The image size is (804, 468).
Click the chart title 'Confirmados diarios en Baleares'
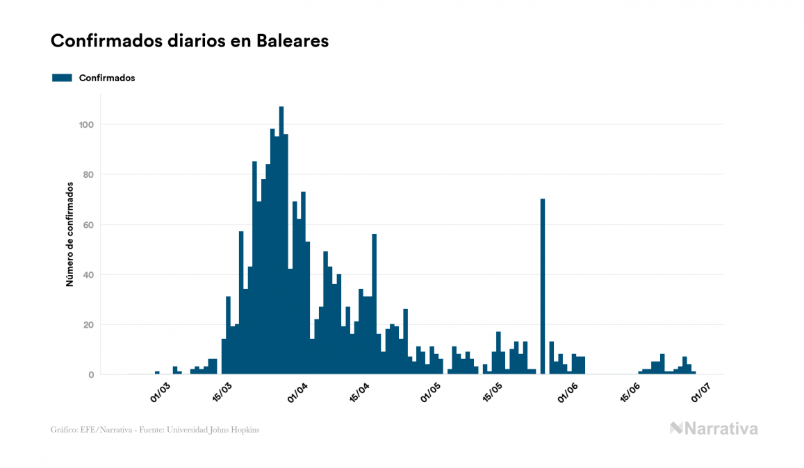pyautogui.click(x=190, y=41)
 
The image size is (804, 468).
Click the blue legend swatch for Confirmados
pyautogui.click(x=62, y=78)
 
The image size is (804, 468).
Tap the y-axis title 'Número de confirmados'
pyautogui.click(x=69, y=235)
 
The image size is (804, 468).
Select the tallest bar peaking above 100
pyautogui.click(x=281, y=240)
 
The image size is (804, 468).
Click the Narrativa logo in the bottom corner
pyautogui.click(x=714, y=428)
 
